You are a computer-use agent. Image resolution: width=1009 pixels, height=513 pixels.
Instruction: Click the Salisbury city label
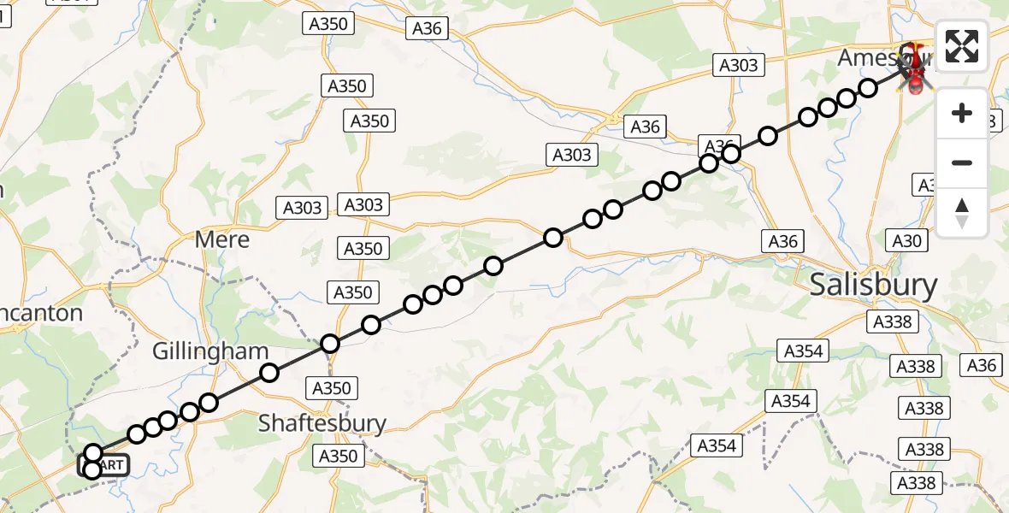pyautogui.click(x=873, y=285)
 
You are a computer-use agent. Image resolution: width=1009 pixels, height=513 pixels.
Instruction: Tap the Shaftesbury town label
pyautogui.click(x=322, y=422)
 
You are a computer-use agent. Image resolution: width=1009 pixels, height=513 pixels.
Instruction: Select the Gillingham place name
pyautogui.click(x=209, y=351)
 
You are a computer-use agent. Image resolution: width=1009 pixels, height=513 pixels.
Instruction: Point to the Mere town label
pyautogui.click(x=222, y=239)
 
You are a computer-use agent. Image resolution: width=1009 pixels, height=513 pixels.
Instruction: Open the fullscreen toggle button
pyautogui.click(x=962, y=46)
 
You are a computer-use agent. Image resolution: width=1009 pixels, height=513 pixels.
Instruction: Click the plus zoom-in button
pyautogui.click(x=962, y=113)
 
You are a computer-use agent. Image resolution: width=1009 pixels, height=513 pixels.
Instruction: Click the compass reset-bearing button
pyautogui.click(x=962, y=212)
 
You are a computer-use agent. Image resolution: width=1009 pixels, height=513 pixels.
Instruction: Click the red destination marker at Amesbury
pyautogui.click(x=914, y=68)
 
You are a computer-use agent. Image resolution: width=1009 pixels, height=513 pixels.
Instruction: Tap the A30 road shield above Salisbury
pyautogui.click(x=907, y=241)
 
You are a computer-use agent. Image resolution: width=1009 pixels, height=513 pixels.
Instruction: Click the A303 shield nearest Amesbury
pyautogui.click(x=737, y=65)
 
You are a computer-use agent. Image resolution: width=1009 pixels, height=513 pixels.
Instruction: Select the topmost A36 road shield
pyautogui.click(x=427, y=28)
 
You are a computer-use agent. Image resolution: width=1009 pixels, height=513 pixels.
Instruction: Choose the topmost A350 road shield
pyautogui.click(x=327, y=23)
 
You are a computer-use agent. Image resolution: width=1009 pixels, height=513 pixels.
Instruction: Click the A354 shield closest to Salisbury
pyautogui.click(x=803, y=351)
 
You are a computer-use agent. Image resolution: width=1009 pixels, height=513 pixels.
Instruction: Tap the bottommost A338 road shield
pyautogui.click(x=919, y=484)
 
